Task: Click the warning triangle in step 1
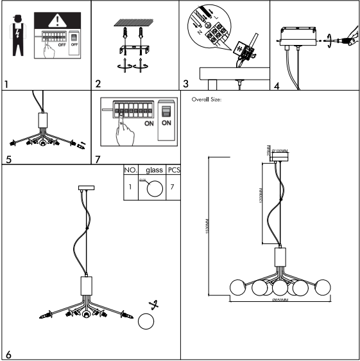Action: tap(62, 19)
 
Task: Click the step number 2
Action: tap(98, 84)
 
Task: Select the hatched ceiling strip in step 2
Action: tap(133, 22)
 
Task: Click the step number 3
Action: tap(186, 84)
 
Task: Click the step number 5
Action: tap(7, 159)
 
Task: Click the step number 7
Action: tap(98, 159)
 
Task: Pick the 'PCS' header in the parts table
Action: tap(173, 171)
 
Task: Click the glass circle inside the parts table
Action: tap(154, 189)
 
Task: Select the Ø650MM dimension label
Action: tap(280, 300)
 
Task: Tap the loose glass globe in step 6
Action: tap(147, 321)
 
